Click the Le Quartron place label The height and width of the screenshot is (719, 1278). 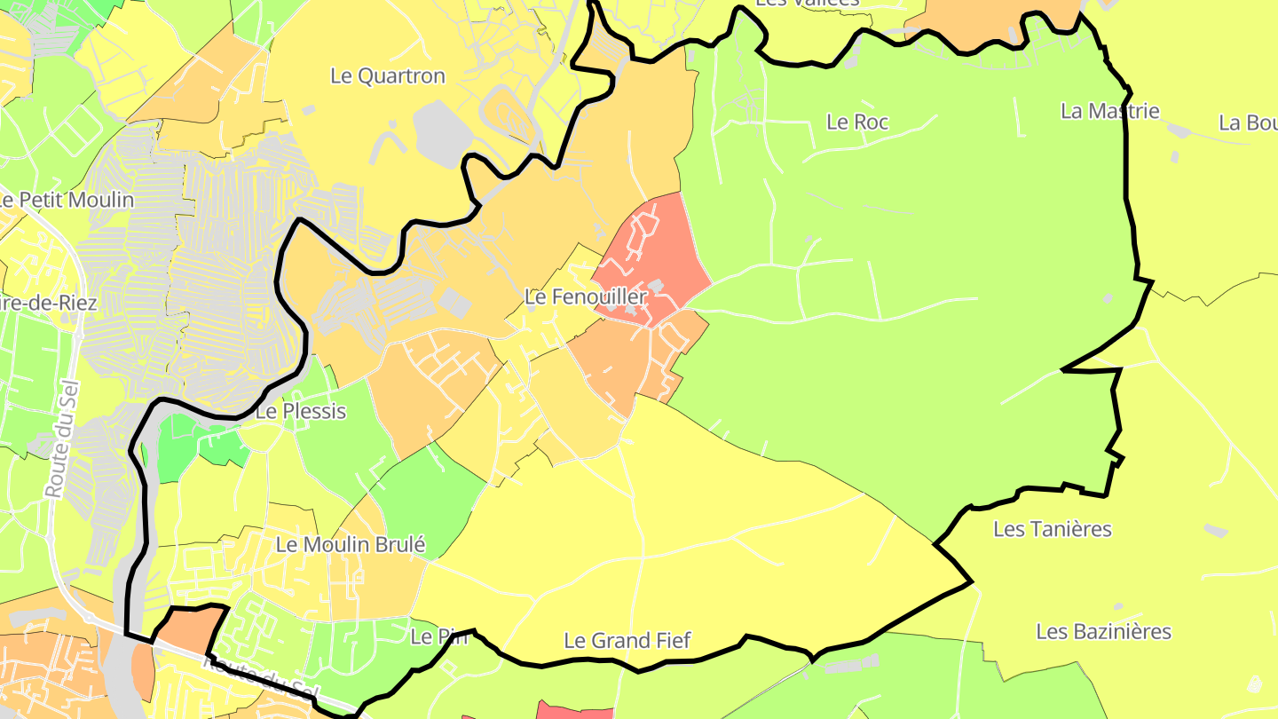(x=387, y=76)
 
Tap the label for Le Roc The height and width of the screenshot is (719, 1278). (x=856, y=122)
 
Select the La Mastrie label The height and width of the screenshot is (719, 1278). (x=1109, y=112)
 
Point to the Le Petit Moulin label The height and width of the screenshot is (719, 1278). (x=67, y=201)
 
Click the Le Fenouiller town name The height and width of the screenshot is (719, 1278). (x=585, y=297)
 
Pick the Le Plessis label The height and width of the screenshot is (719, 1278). (x=300, y=412)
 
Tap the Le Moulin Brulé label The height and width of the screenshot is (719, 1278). (x=351, y=545)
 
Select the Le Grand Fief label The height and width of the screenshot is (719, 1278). (x=627, y=641)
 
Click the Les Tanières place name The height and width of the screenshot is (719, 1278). (x=1052, y=530)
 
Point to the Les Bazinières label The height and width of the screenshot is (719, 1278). (x=1103, y=632)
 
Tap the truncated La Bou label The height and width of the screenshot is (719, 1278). (x=1248, y=122)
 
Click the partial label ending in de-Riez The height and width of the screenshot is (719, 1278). (x=49, y=303)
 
